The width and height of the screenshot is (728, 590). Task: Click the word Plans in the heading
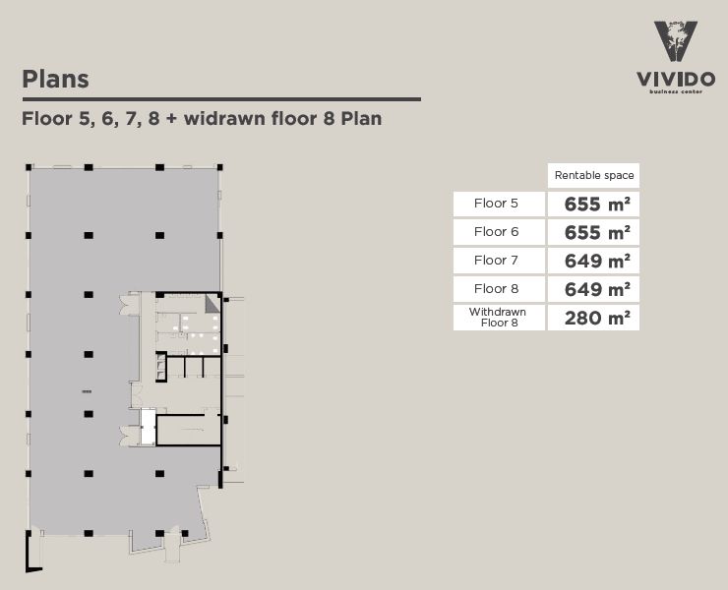[x=55, y=79]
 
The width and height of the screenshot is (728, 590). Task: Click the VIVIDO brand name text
[x=675, y=78]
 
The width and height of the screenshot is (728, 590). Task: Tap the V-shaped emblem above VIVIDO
[x=675, y=43]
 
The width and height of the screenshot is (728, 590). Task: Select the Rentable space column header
[x=594, y=175]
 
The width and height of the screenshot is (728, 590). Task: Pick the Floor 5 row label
[x=496, y=204]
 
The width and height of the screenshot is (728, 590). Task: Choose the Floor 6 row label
[x=496, y=232]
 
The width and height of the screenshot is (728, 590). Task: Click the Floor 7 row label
[x=496, y=261]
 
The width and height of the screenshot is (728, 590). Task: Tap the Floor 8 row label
[x=496, y=289]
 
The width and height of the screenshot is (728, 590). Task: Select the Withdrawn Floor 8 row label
[x=497, y=317]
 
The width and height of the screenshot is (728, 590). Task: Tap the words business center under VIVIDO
[x=675, y=93]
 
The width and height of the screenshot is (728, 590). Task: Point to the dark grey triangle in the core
[x=211, y=305]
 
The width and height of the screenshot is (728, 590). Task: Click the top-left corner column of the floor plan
[x=27, y=167]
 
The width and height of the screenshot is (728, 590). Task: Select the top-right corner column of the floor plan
[x=219, y=167]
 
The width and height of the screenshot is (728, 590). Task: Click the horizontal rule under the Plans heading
[x=221, y=98]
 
